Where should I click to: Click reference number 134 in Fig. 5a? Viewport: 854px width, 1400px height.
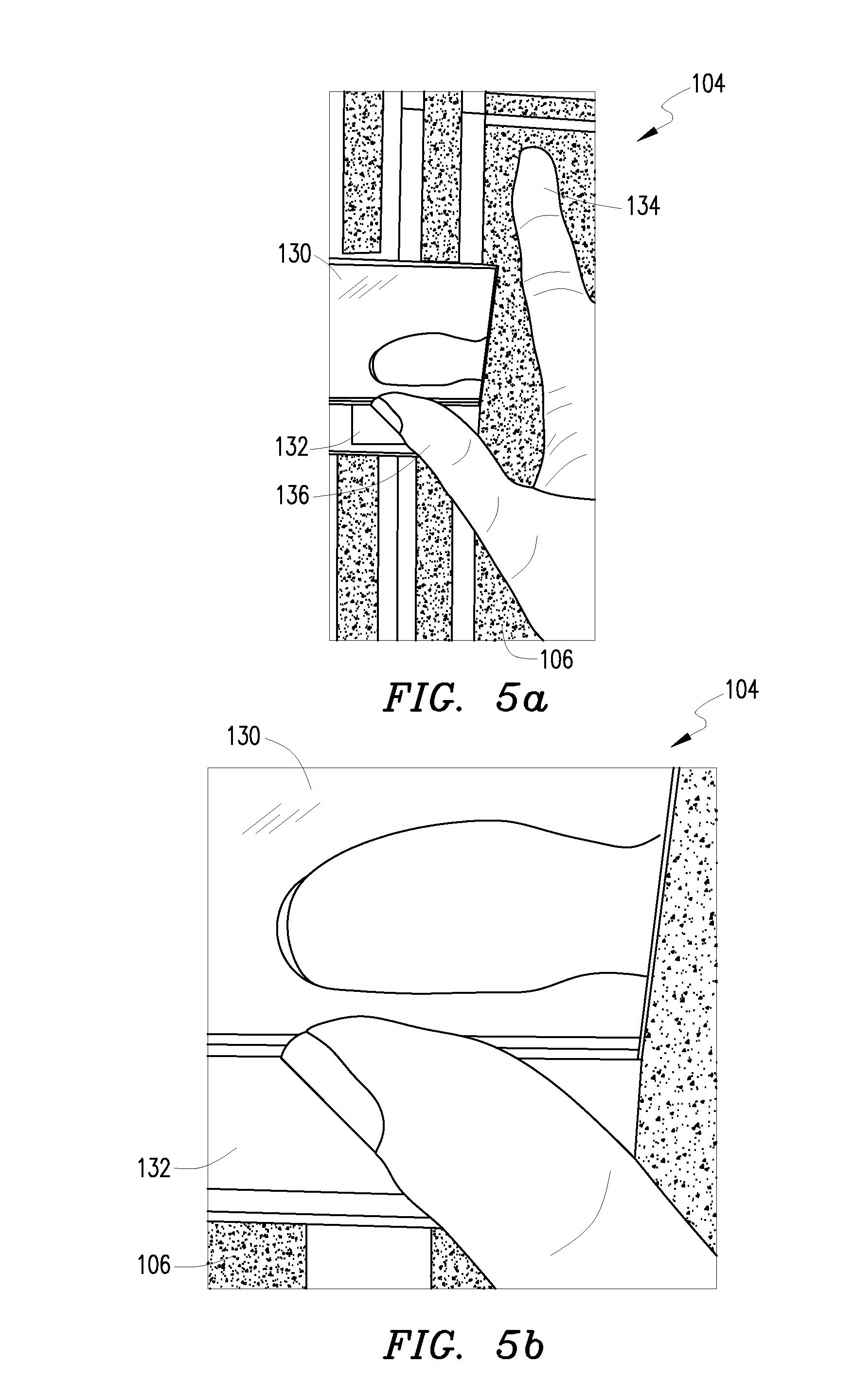643,205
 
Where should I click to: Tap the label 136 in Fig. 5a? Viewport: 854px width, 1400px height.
293,496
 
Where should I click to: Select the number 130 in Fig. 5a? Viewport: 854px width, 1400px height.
294,254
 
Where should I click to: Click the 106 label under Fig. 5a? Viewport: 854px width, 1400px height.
556,660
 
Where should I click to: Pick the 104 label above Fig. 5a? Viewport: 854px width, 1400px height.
708,84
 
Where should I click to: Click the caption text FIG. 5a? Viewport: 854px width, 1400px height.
466,698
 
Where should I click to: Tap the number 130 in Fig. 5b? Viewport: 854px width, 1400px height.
243,736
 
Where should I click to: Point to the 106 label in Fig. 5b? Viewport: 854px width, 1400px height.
154,1265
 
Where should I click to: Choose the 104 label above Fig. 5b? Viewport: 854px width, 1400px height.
742,690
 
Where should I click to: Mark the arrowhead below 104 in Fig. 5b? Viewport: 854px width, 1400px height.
681,740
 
